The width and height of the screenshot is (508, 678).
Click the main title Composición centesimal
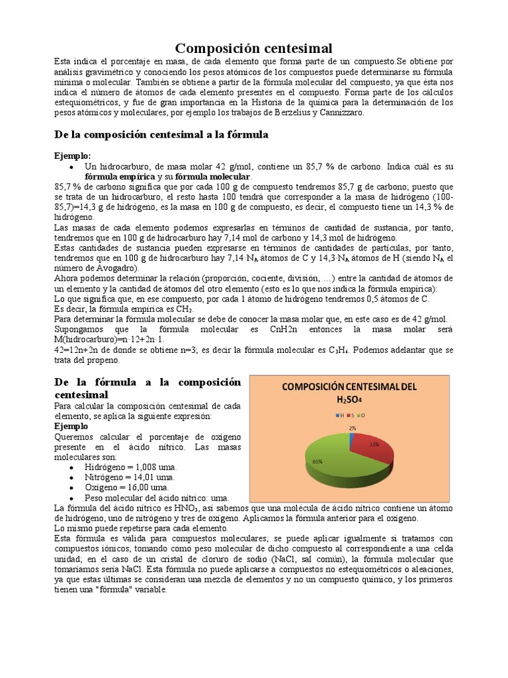tap(253, 48)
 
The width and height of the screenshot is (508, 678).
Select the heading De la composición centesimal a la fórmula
tap(161, 135)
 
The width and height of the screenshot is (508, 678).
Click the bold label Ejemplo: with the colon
tap(73, 155)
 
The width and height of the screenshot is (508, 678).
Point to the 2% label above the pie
tap(353, 428)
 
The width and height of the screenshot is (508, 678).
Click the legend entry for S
tap(353, 415)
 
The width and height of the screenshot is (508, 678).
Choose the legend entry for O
tap(363, 415)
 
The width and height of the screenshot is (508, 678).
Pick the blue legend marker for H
tap(337, 415)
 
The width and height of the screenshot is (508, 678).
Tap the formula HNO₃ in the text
tap(177, 508)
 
